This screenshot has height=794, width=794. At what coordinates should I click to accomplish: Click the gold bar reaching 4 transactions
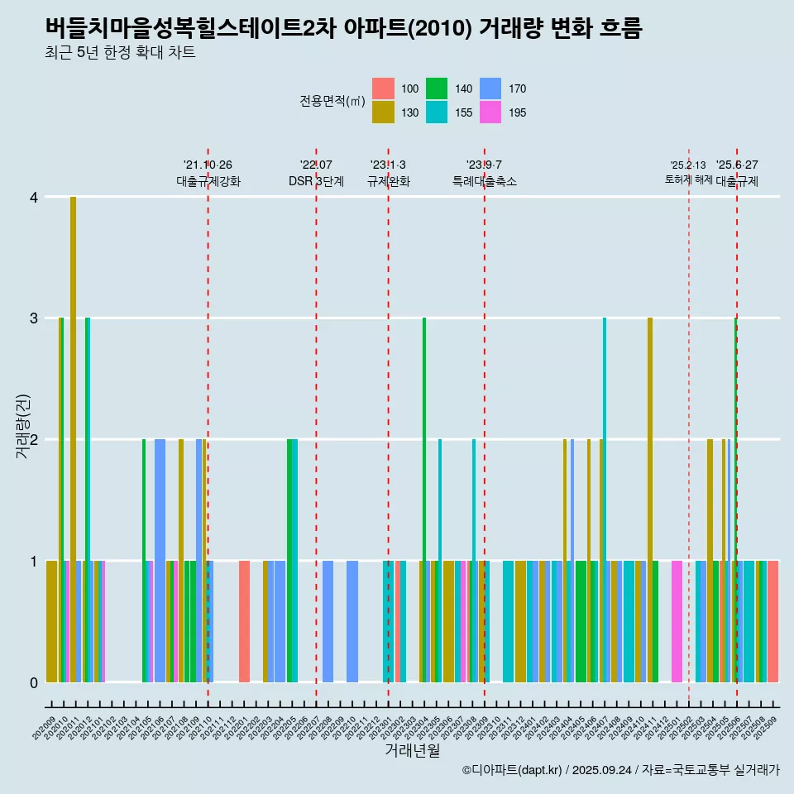pyautogui.click(x=73, y=438)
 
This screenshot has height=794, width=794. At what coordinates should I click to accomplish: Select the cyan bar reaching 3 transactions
pyautogui.click(x=605, y=496)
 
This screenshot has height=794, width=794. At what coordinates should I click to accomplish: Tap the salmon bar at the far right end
pyautogui.click(x=772, y=620)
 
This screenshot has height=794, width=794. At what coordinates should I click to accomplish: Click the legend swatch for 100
pyautogui.click(x=383, y=88)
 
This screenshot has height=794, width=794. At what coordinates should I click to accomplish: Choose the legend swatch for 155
pyautogui.click(x=437, y=112)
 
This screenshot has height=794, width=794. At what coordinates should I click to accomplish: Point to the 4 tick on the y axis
pyautogui.click(x=33, y=197)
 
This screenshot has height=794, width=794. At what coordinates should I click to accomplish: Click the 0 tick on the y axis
pyautogui.click(x=33, y=682)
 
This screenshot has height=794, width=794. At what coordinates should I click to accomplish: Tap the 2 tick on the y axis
pyautogui.click(x=33, y=439)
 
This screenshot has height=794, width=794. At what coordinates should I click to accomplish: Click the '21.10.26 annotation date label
pyautogui.click(x=208, y=165)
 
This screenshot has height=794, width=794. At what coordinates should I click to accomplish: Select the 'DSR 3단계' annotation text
pyautogui.click(x=316, y=181)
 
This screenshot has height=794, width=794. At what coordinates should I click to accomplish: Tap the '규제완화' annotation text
pyautogui.click(x=389, y=181)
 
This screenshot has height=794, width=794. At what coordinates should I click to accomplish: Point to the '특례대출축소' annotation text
pyautogui.click(x=484, y=181)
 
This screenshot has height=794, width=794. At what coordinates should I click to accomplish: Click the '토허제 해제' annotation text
pyautogui.click(x=688, y=179)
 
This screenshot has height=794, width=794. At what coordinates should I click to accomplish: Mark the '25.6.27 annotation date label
pyautogui.click(x=737, y=165)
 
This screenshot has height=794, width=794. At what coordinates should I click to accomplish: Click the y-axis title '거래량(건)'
pyautogui.click(x=22, y=439)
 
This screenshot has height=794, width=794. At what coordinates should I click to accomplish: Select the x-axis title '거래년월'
pyautogui.click(x=412, y=750)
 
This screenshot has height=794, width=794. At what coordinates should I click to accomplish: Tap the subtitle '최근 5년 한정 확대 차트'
pyautogui.click(x=121, y=54)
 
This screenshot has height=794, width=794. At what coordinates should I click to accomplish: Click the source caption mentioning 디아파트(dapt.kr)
pyautogui.click(x=620, y=770)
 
